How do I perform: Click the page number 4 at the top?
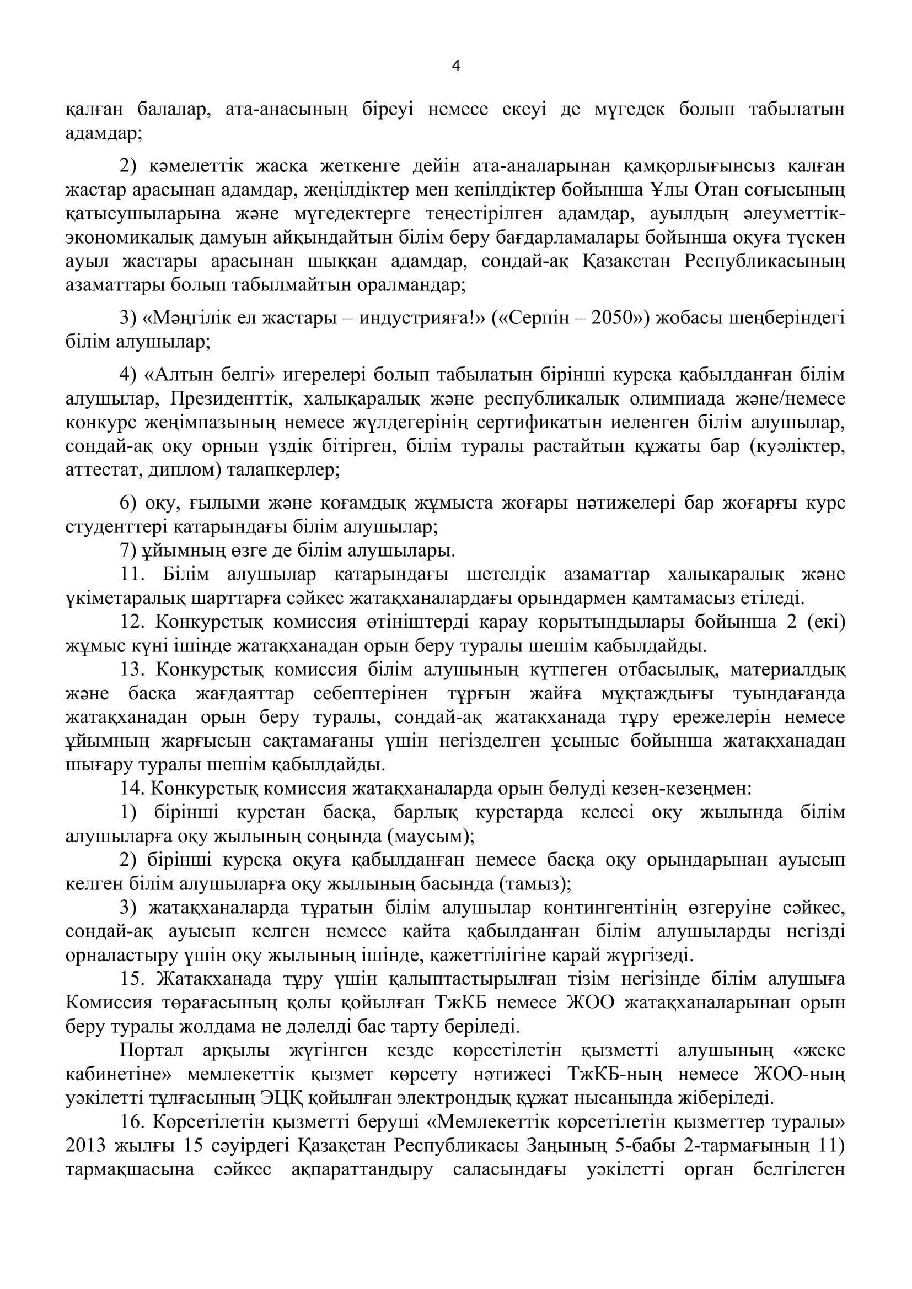coord(455,66)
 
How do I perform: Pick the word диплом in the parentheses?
coord(183,471)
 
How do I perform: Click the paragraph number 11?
coord(132,575)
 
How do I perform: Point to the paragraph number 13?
coord(132,670)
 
